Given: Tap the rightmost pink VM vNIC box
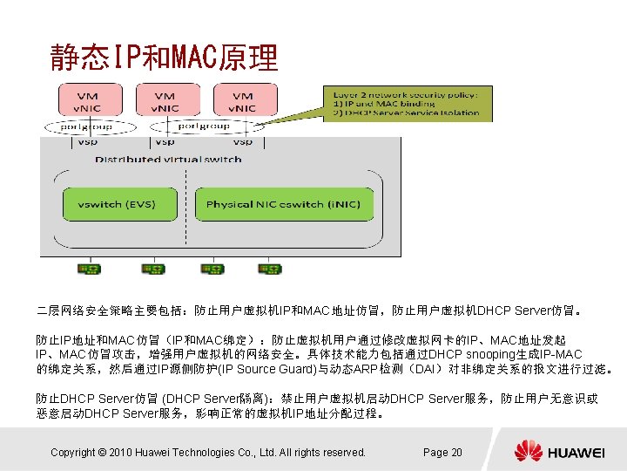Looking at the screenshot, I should click(241, 102).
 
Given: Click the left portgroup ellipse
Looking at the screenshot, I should click(87, 126).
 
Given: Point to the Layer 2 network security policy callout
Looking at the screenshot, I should click(407, 101).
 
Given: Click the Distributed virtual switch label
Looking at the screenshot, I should click(168, 160).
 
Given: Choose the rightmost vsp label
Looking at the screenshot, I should click(242, 141).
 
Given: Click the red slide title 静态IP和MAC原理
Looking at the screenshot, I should click(164, 58).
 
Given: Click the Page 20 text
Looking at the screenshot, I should click(442, 452).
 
